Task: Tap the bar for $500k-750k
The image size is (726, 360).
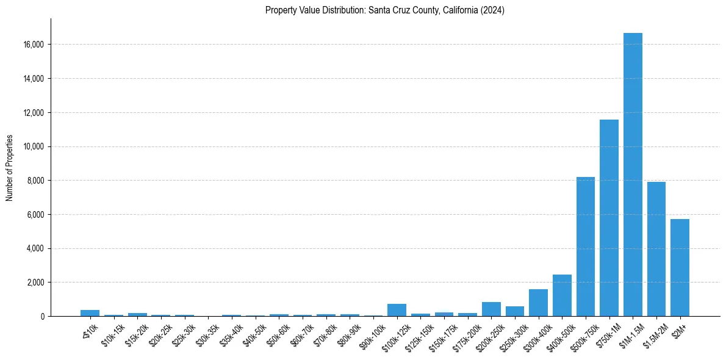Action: [x=586, y=247]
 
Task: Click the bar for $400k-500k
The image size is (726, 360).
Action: [x=562, y=295]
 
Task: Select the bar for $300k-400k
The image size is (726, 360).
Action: [x=538, y=303]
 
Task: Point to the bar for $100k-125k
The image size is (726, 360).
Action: [x=397, y=310]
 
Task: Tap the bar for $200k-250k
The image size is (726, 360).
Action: [x=491, y=309]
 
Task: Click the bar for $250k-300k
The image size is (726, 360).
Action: [x=515, y=311]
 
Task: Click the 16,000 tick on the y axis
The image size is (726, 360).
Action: [x=34, y=45]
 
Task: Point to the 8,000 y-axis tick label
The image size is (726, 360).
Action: [x=36, y=181]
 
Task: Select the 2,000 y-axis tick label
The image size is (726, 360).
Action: [x=36, y=283]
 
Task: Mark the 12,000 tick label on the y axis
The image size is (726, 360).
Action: [x=34, y=113]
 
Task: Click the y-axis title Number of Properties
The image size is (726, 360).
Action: [x=9, y=168]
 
